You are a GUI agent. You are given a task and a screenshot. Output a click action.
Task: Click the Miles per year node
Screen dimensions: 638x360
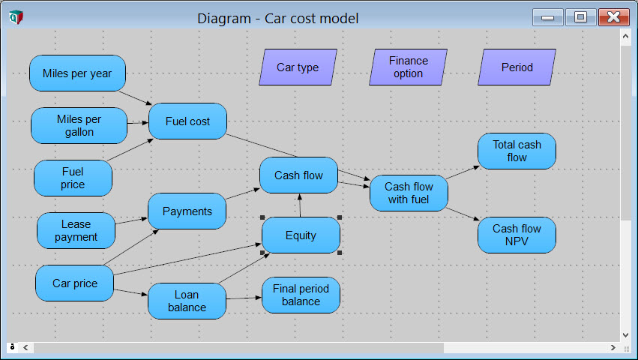click(x=77, y=73)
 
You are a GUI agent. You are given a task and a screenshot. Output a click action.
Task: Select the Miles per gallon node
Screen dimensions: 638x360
click(x=79, y=125)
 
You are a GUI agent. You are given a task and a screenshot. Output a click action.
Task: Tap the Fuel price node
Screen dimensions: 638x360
click(x=73, y=178)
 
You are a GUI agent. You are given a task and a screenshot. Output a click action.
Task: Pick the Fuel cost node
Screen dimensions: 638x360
click(x=187, y=121)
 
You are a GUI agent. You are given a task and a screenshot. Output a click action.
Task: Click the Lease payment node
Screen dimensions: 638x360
click(x=76, y=230)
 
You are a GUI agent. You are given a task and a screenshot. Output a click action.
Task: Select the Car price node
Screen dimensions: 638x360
click(x=74, y=283)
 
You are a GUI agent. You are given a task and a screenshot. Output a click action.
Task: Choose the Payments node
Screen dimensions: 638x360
click(x=187, y=211)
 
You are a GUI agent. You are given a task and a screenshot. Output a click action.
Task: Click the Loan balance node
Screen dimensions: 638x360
click(x=187, y=301)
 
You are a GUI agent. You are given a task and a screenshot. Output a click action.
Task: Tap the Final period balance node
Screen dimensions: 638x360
click(x=301, y=295)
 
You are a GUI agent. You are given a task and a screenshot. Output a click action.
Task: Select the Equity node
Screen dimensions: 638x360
click(x=301, y=235)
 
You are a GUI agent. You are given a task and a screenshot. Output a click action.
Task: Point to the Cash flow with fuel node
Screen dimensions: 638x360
click(x=409, y=193)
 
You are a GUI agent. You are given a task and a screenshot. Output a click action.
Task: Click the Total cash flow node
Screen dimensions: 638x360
click(x=517, y=151)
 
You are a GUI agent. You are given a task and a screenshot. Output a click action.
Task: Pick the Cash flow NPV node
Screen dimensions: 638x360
click(x=517, y=235)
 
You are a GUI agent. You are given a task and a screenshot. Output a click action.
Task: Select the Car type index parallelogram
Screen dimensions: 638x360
click(x=298, y=67)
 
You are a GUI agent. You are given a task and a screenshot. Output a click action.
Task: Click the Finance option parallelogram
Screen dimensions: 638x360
click(x=408, y=67)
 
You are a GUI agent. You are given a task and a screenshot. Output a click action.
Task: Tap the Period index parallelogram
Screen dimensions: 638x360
click(x=517, y=67)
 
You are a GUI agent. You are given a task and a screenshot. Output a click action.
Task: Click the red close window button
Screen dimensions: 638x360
click(x=613, y=17)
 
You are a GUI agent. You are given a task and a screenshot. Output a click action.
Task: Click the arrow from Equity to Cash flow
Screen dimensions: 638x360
click(x=301, y=205)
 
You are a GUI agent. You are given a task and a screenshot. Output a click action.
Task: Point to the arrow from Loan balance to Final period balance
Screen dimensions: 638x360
click(x=244, y=298)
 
